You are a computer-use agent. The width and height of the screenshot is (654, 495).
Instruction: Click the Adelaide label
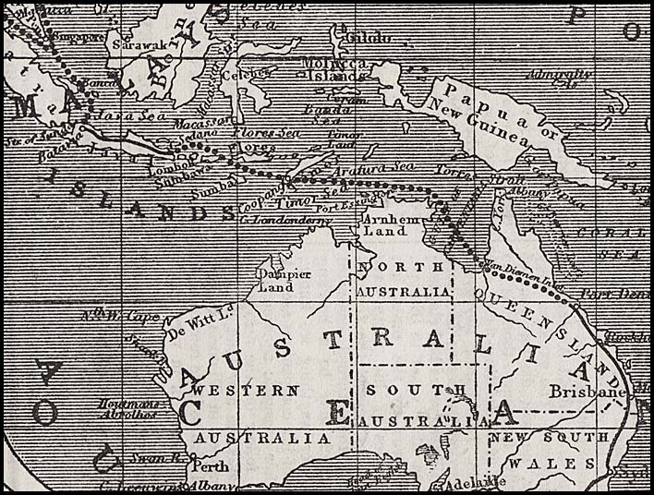click(475, 481)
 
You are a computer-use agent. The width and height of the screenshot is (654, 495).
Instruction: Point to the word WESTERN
click(245, 391)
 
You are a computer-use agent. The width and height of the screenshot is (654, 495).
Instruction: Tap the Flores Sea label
click(272, 132)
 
